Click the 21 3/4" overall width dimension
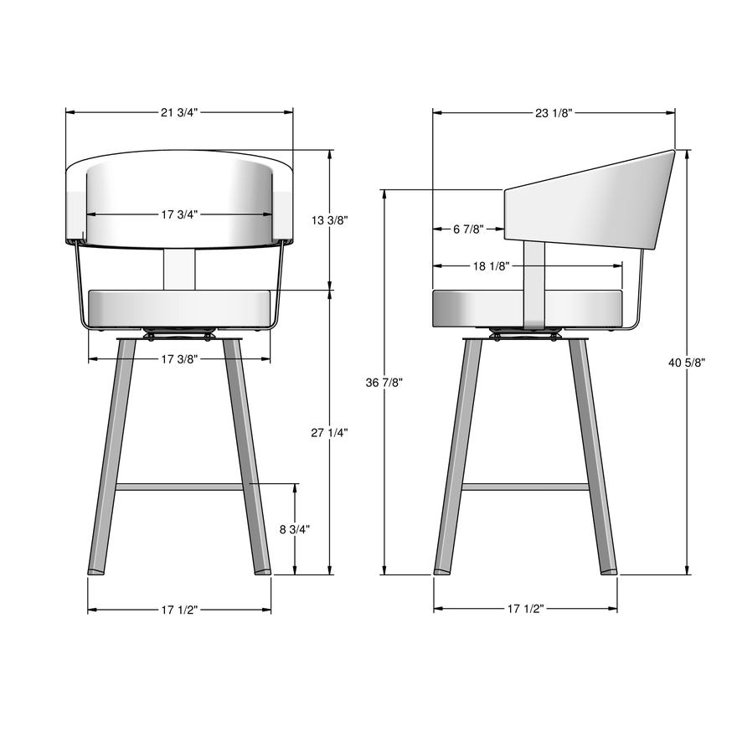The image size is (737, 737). click(179, 112)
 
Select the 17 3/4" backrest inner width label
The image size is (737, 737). click(179, 214)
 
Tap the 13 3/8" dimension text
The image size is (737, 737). click(329, 220)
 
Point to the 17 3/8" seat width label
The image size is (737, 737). click(179, 359)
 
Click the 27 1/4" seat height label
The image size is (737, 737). click(329, 433)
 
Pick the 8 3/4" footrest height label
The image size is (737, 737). click(295, 529)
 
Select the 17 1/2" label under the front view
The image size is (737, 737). click(179, 610)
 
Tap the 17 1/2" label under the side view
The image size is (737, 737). click(525, 609)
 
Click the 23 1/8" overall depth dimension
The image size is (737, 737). click(554, 112)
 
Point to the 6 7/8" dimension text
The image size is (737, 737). click(468, 229)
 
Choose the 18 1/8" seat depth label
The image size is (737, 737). click(490, 266)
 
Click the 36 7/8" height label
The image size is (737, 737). click(384, 383)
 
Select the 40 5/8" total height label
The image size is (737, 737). click(688, 363)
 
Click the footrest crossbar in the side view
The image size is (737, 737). click(525, 487)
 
